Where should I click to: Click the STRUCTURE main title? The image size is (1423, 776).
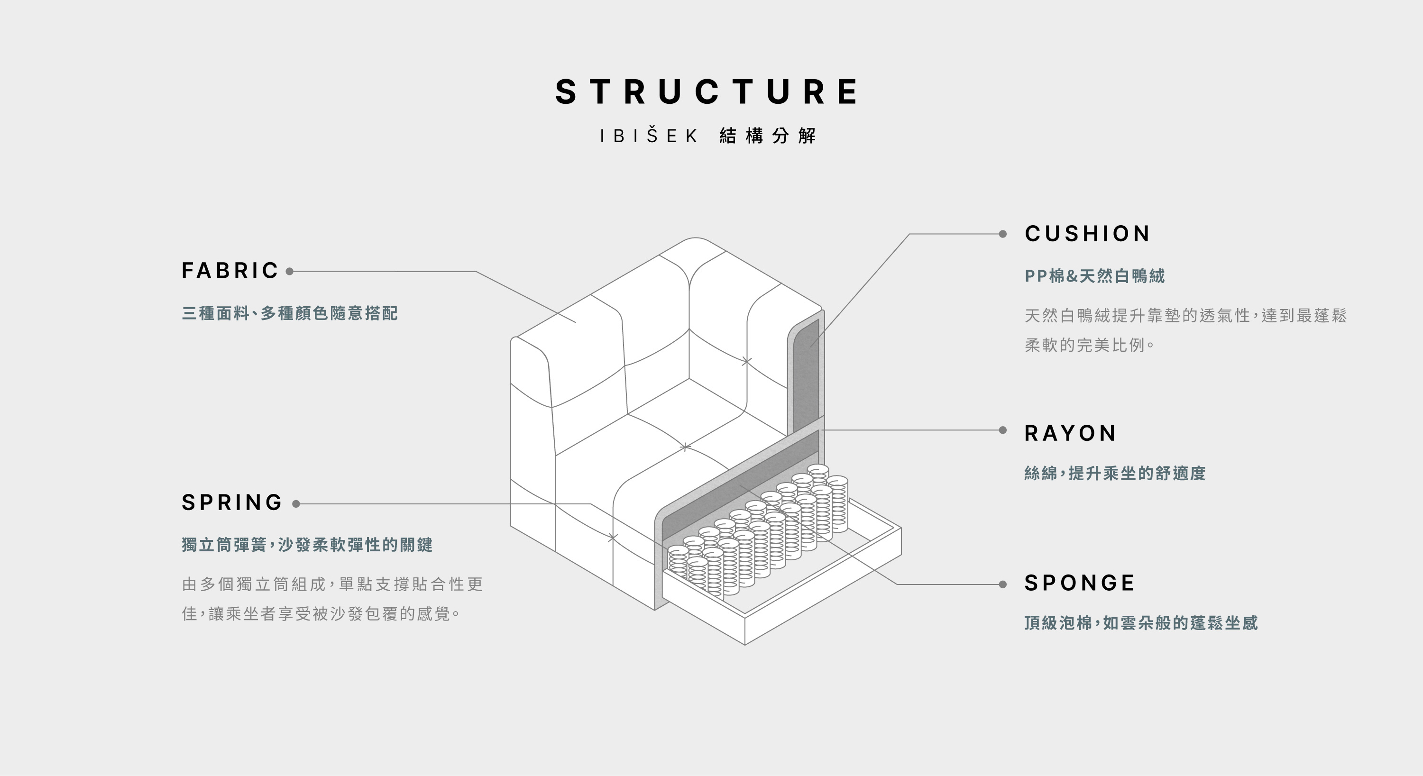707,91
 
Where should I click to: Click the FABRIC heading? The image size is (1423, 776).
230,271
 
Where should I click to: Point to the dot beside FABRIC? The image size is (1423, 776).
289,271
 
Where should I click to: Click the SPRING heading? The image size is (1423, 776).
232,503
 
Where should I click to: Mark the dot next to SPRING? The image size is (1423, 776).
296,504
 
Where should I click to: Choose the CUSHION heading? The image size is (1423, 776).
1087,234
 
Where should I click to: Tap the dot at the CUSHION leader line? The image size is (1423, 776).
1002,234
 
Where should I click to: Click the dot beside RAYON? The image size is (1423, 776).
1002,430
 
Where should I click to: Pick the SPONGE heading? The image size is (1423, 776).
1079,583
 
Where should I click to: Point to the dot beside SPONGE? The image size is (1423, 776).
1002,584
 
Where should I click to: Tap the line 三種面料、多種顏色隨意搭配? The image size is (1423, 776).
289,314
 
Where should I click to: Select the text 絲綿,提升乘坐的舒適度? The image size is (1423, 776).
1114,474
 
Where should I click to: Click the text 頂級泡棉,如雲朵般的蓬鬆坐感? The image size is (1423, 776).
1141,623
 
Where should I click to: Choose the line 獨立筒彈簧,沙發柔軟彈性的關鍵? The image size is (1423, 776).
307,545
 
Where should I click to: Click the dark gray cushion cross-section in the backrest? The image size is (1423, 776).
806,375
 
